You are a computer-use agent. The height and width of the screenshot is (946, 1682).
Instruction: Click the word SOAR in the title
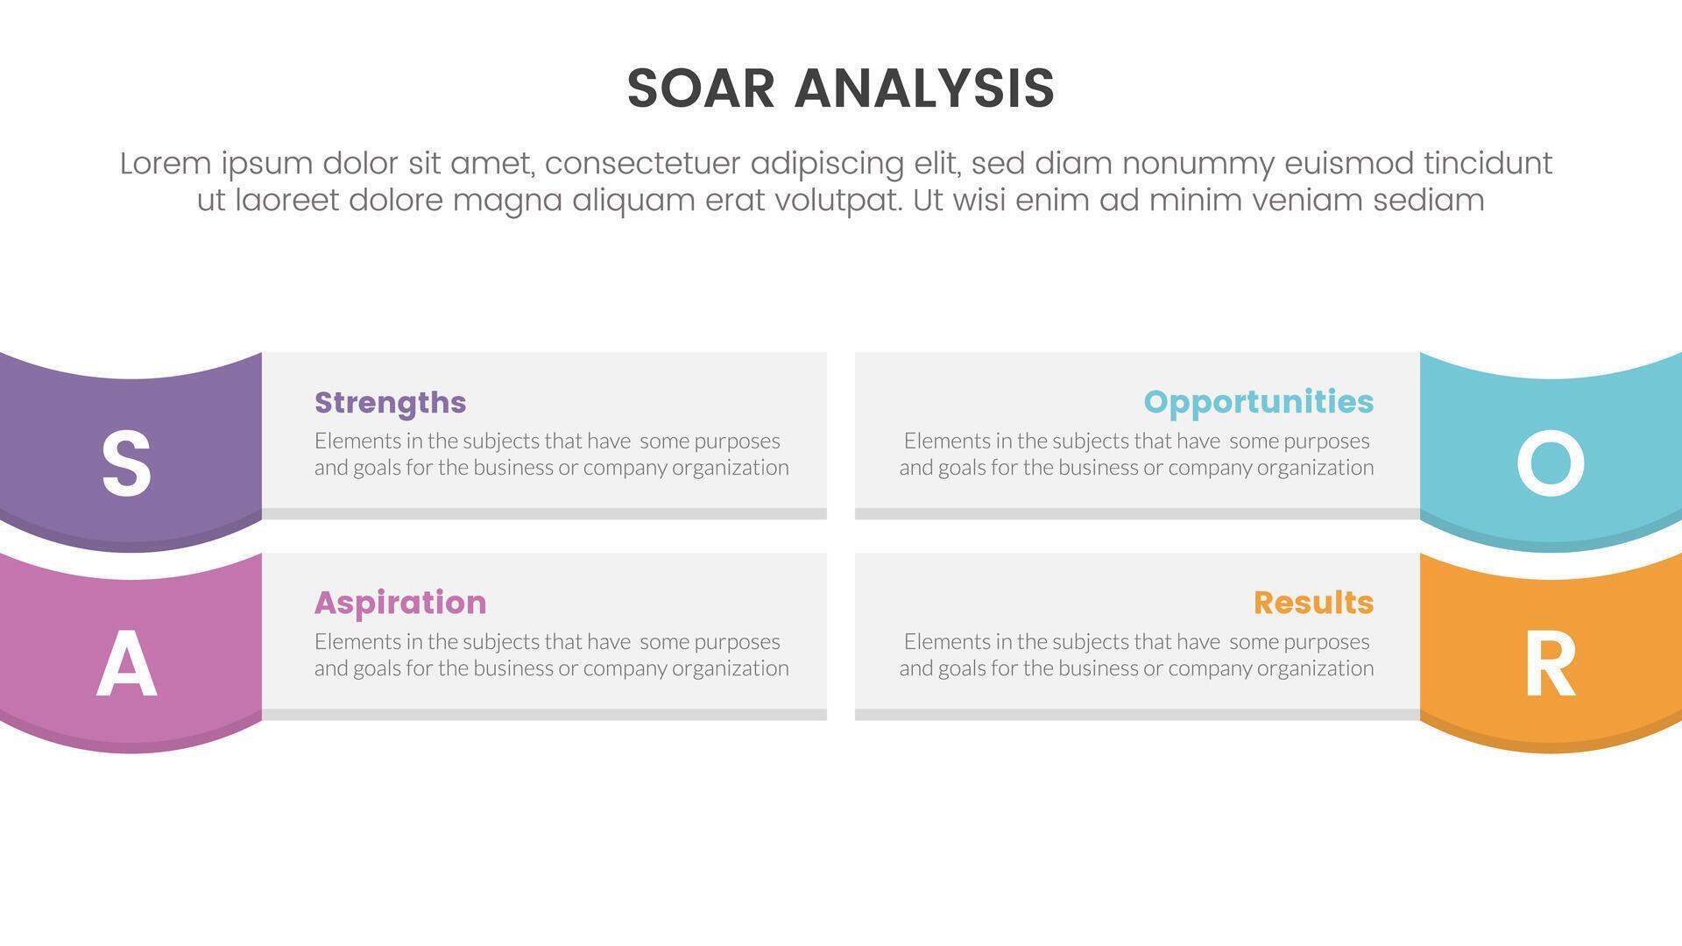(x=701, y=88)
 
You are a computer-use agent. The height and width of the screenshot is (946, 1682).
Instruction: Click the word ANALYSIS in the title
(x=924, y=88)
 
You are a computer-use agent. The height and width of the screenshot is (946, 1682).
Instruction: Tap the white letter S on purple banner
(x=126, y=464)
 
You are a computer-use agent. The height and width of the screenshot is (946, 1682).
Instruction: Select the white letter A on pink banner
(x=126, y=664)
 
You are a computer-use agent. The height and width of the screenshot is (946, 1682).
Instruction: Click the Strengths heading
(x=390, y=402)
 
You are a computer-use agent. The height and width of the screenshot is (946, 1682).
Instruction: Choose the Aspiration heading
(x=400, y=603)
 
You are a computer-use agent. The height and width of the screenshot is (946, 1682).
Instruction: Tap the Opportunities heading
(x=1258, y=402)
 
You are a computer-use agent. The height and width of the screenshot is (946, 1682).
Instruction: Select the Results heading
(x=1313, y=603)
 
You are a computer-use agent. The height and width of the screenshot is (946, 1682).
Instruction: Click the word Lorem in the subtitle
(x=166, y=164)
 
